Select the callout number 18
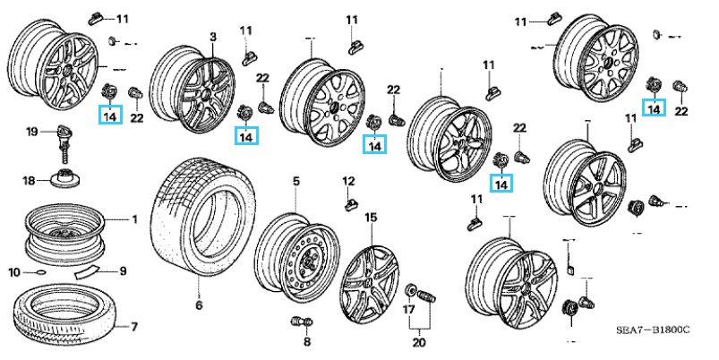pos(29,181)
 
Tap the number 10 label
pos(15,271)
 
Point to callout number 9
pos(124,271)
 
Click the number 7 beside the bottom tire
pos(133,326)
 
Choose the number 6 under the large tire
pos(199,306)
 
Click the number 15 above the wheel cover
pos(371,218)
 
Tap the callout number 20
pos(417,341)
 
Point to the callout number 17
pos(408,311)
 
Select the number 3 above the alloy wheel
pos(213,36)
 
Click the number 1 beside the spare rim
pos(135,219)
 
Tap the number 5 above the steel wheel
pos(295,183)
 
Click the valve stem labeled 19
pos(62,139)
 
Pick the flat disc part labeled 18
pos(64,182)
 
